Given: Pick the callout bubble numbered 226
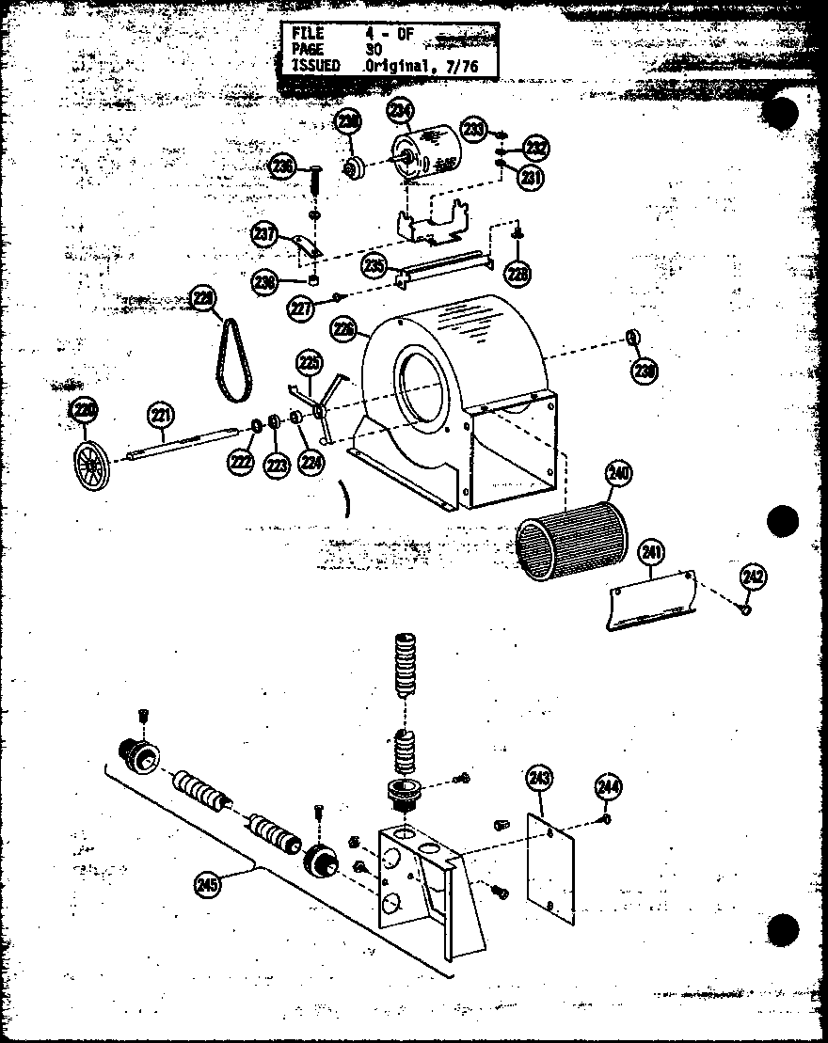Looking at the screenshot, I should [343, 329].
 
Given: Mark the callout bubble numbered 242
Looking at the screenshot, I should [753, 576].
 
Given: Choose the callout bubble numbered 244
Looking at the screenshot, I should [606, 787].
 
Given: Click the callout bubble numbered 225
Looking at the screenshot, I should [309, 361].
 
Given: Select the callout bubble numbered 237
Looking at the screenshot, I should [264, 233].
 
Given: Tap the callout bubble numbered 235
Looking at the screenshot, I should [374, 266].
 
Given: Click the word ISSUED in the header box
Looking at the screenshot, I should [315, 66].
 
